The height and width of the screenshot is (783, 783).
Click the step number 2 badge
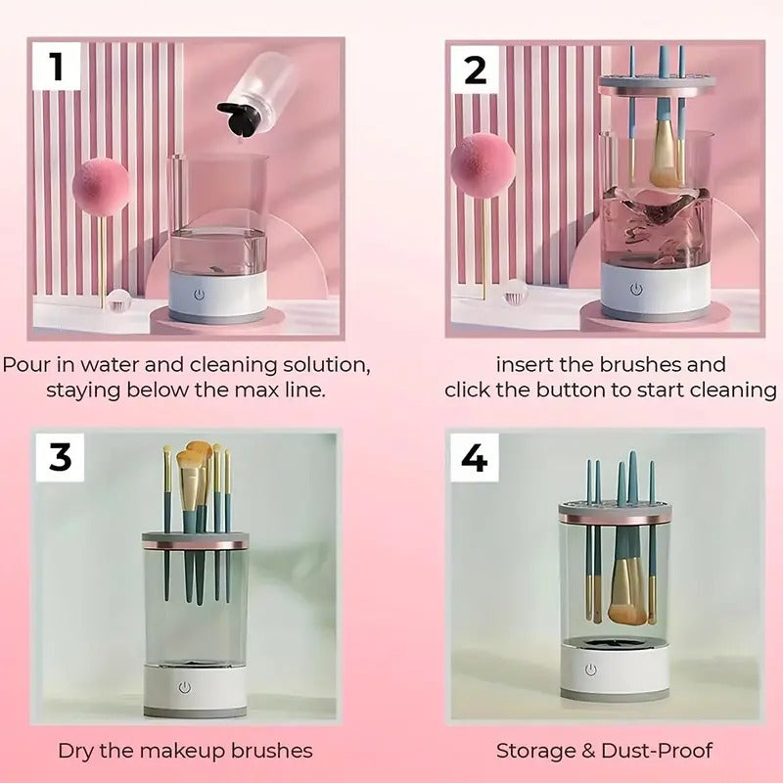click(475, 69)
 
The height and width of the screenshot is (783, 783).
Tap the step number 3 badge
click(61, 456)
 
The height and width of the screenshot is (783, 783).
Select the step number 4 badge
click(475, 456)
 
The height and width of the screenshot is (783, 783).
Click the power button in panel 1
click(200, 292)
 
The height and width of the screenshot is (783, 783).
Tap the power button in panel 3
click(184, 687)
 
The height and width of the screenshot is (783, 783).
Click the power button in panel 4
click(591, 669)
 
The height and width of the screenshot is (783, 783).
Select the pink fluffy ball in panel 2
click(484, 162)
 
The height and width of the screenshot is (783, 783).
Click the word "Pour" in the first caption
click(25, 365)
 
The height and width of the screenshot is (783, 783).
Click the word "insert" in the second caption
click(527, 365)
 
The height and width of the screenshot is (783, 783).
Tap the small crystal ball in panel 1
click(118, 299)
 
